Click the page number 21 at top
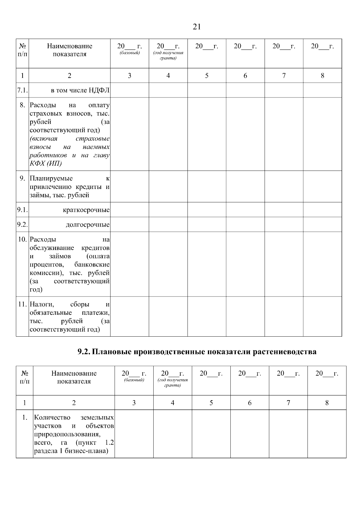click(x=196, y=27)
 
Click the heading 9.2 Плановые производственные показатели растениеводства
click(x=197, y=352)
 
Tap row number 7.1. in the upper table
click(x=22, y=90)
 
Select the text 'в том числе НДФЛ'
click(x=80, y=90)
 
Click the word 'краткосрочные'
click(x=86, y=210)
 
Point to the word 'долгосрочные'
click(x=88, y=225)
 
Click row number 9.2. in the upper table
click(x=22, y=225)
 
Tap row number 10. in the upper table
click(x=23, y=240)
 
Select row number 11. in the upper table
click(x=23, y=304)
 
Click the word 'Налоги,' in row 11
click(x=42, y=304)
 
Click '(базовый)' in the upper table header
click(x=130, y=53)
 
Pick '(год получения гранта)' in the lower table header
click(x=172, y=382)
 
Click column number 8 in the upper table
click(x=322, y=76)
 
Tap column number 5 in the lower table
click(x=211, y=403)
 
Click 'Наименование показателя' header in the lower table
click(x=74, y=377)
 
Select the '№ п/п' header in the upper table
click(x=22, y=50)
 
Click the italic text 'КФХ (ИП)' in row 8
click(x=46, y=163)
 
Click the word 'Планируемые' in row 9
click(x=51, y=179)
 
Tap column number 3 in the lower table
click(x=134, y=403)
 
